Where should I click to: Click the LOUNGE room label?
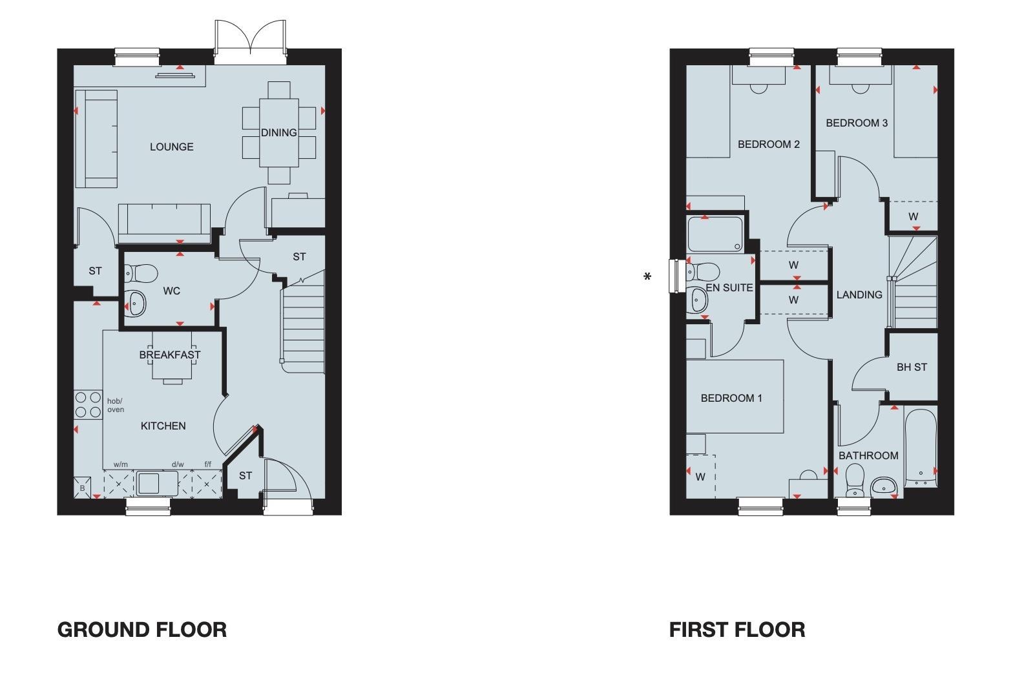click(x=171, y=147)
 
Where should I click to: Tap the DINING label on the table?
click(x=279, y=132)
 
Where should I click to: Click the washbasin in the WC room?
click(x=136, y=302)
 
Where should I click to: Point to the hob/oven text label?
click(x=115, y=405)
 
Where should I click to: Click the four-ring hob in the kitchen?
click(x=89, y=405)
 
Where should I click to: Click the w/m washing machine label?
click(x=121, y=464)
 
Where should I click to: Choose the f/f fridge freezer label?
click(x=207, y=464)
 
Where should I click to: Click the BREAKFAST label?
click(x=170, y=355)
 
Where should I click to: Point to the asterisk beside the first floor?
click(x=647, y=278)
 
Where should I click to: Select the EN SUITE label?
click(x=729, y=287)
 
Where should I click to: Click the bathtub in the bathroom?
click(x=921, y=447)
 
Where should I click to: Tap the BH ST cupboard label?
click(x=912, y=367)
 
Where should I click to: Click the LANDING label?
click(x=859, y=295)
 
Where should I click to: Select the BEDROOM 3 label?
click(x=857, y=123)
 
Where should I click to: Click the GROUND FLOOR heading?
click(x=142, y=629)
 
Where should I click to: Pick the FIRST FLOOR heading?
click(x=737, y=629)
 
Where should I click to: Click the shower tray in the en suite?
click(x=715, y=234)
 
